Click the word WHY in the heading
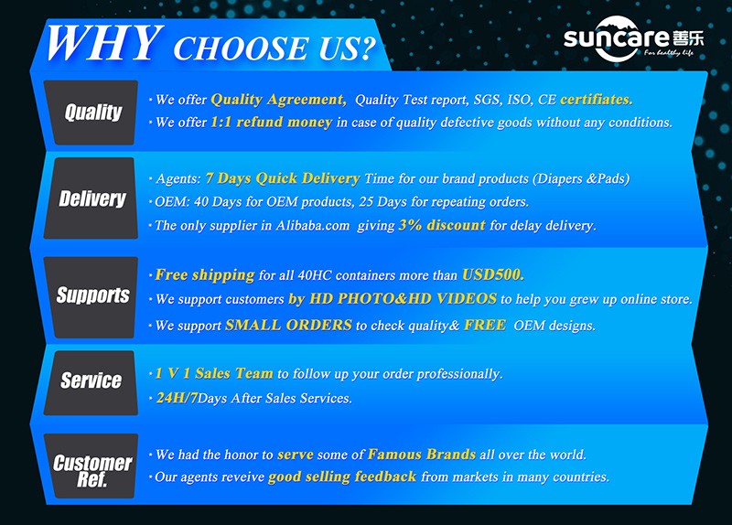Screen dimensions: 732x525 click(104, 43)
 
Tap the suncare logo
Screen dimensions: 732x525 click(633, 38)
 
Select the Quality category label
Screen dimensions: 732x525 click(93, 112)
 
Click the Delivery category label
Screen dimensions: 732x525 click(92, 198)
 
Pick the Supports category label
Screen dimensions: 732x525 click(93, 295)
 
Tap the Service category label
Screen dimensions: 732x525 click(91, 380)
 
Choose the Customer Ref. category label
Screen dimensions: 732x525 click(92, 470)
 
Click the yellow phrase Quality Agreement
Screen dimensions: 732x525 click(278, 100)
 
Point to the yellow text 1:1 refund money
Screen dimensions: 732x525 click(271, 122)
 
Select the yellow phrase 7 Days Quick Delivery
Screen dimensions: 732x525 click(283, 178)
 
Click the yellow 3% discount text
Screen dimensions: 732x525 click(442, 225)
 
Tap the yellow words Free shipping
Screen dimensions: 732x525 click(205, 275)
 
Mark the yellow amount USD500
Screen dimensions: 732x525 click(493, 274)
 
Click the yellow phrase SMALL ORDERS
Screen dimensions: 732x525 click(288, 325)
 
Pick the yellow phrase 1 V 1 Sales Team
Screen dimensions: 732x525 click(214, 373)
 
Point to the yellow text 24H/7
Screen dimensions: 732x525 click(177, 398)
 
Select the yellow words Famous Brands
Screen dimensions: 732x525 click(422, 454)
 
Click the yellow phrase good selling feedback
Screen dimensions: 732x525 click(342, 477)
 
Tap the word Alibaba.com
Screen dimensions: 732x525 click(312, 225)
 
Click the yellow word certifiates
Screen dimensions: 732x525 click(597, 99)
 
